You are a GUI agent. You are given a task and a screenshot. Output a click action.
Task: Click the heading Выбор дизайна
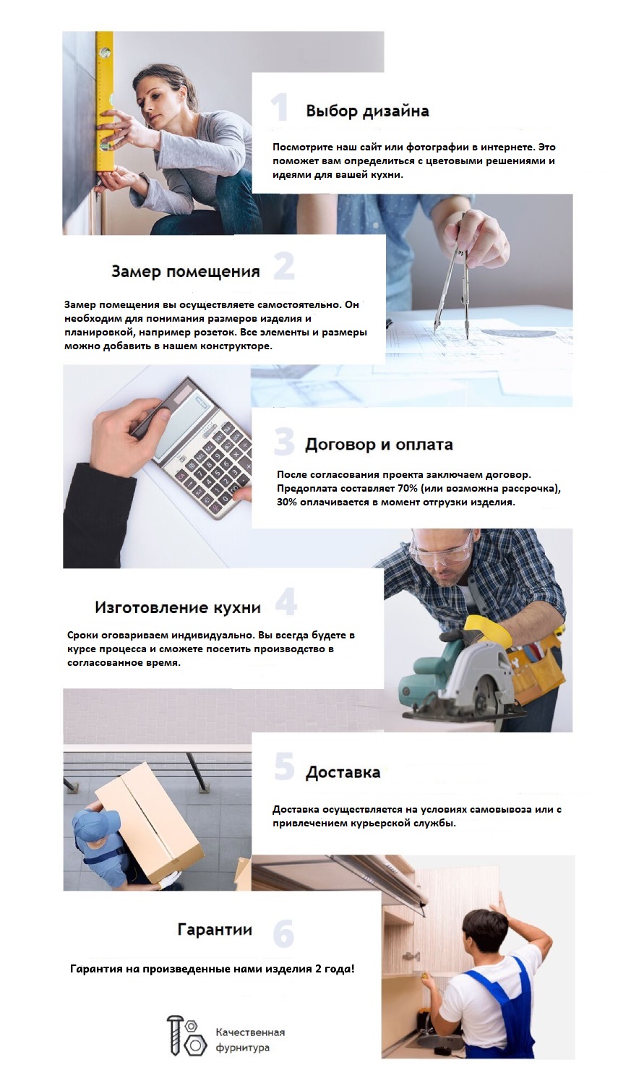[x=367, y=111]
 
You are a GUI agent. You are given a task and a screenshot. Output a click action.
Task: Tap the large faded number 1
[x=279, y=107]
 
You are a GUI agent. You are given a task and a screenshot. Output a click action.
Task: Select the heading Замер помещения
[x=186, y=271]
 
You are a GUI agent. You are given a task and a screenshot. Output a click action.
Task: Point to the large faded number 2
[x=284, y=266]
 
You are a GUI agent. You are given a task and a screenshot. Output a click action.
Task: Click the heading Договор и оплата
[x=379, y=444]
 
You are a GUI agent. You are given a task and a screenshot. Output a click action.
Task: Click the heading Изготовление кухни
[x=178, y=607]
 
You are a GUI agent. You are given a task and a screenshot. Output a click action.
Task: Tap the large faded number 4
[x=286, y=602]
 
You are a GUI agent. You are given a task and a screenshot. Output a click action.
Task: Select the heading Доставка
[x=343, y=772]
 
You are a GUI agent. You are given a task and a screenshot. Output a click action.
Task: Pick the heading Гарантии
[x=215, y=929]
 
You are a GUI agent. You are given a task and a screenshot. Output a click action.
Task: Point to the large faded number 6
[x=283, y=933]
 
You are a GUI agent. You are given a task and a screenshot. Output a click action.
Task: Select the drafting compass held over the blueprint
[x=455, y=279]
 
